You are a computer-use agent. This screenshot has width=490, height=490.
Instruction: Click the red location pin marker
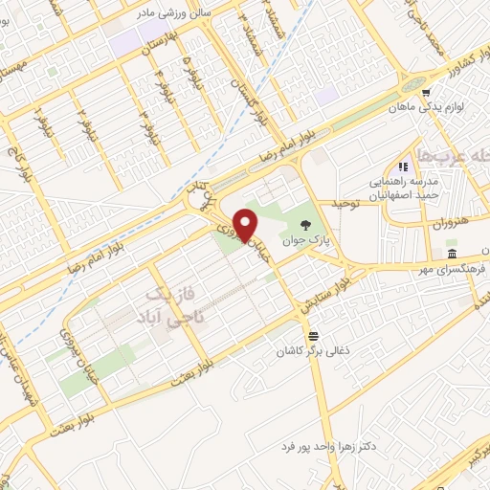click(x=246, y=224)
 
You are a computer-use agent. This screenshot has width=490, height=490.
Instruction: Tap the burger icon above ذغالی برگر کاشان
click(x=313, y=336)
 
